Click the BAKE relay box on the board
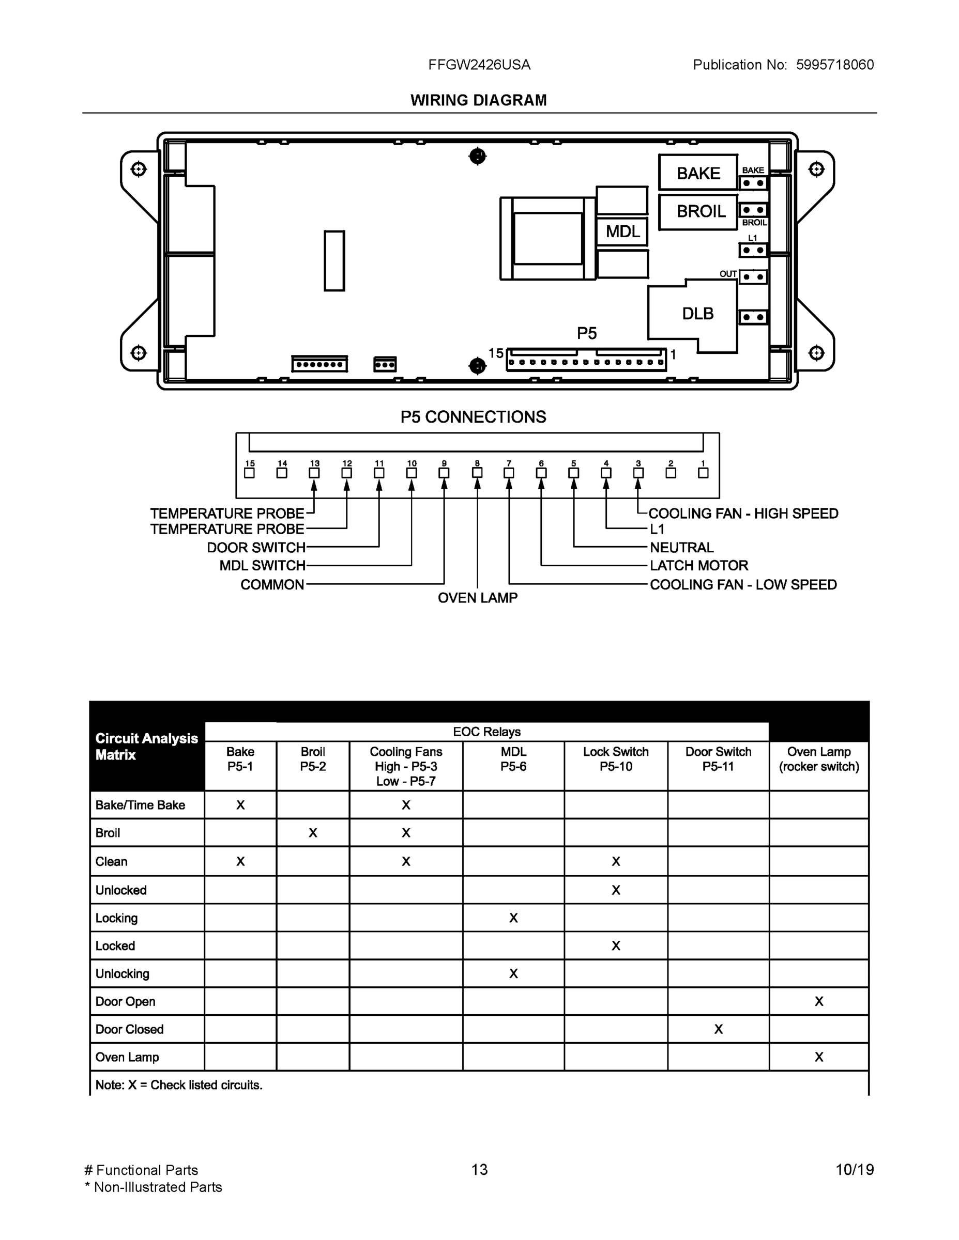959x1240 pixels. click(x=697, y=173)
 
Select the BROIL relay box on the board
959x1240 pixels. click(x=697, y=212)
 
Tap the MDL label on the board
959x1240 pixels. click(x=622, y=231)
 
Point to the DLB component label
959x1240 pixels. click(x=697, y=314)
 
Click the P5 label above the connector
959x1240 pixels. click(x=586, y=333)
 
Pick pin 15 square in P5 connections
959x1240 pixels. click(x=249, y=473)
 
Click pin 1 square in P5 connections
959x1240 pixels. click(x=703, y=473)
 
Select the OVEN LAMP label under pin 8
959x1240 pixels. click(x=477, y=598)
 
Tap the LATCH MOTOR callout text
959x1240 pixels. click(x=698, y=566)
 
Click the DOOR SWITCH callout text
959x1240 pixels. click(x=256, y=547)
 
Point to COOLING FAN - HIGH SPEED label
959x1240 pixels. click(x=742, y=513)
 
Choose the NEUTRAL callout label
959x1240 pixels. click(x=681, y=547)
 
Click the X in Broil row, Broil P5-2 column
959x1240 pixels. click(x=312, y=833)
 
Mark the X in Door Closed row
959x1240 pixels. click(x=718, y=1029)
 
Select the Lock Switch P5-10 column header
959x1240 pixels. click(x=615, y=759)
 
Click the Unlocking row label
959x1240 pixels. click(x=122, y=974)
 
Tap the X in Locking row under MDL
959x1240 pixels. click(x=513, y=918)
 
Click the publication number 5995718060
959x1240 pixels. click(x=834, y=65)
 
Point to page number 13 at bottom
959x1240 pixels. click(x=479, y=1170)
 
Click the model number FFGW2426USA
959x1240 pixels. click(x=479, y=65)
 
